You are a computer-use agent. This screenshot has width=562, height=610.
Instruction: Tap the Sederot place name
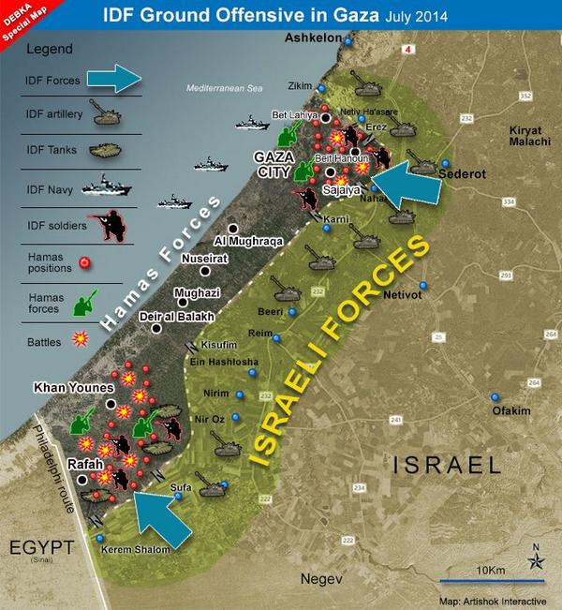463,173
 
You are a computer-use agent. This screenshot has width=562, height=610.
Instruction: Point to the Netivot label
446,292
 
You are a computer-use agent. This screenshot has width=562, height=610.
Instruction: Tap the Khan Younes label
73,386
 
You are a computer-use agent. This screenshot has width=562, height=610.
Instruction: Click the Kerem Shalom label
140,548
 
